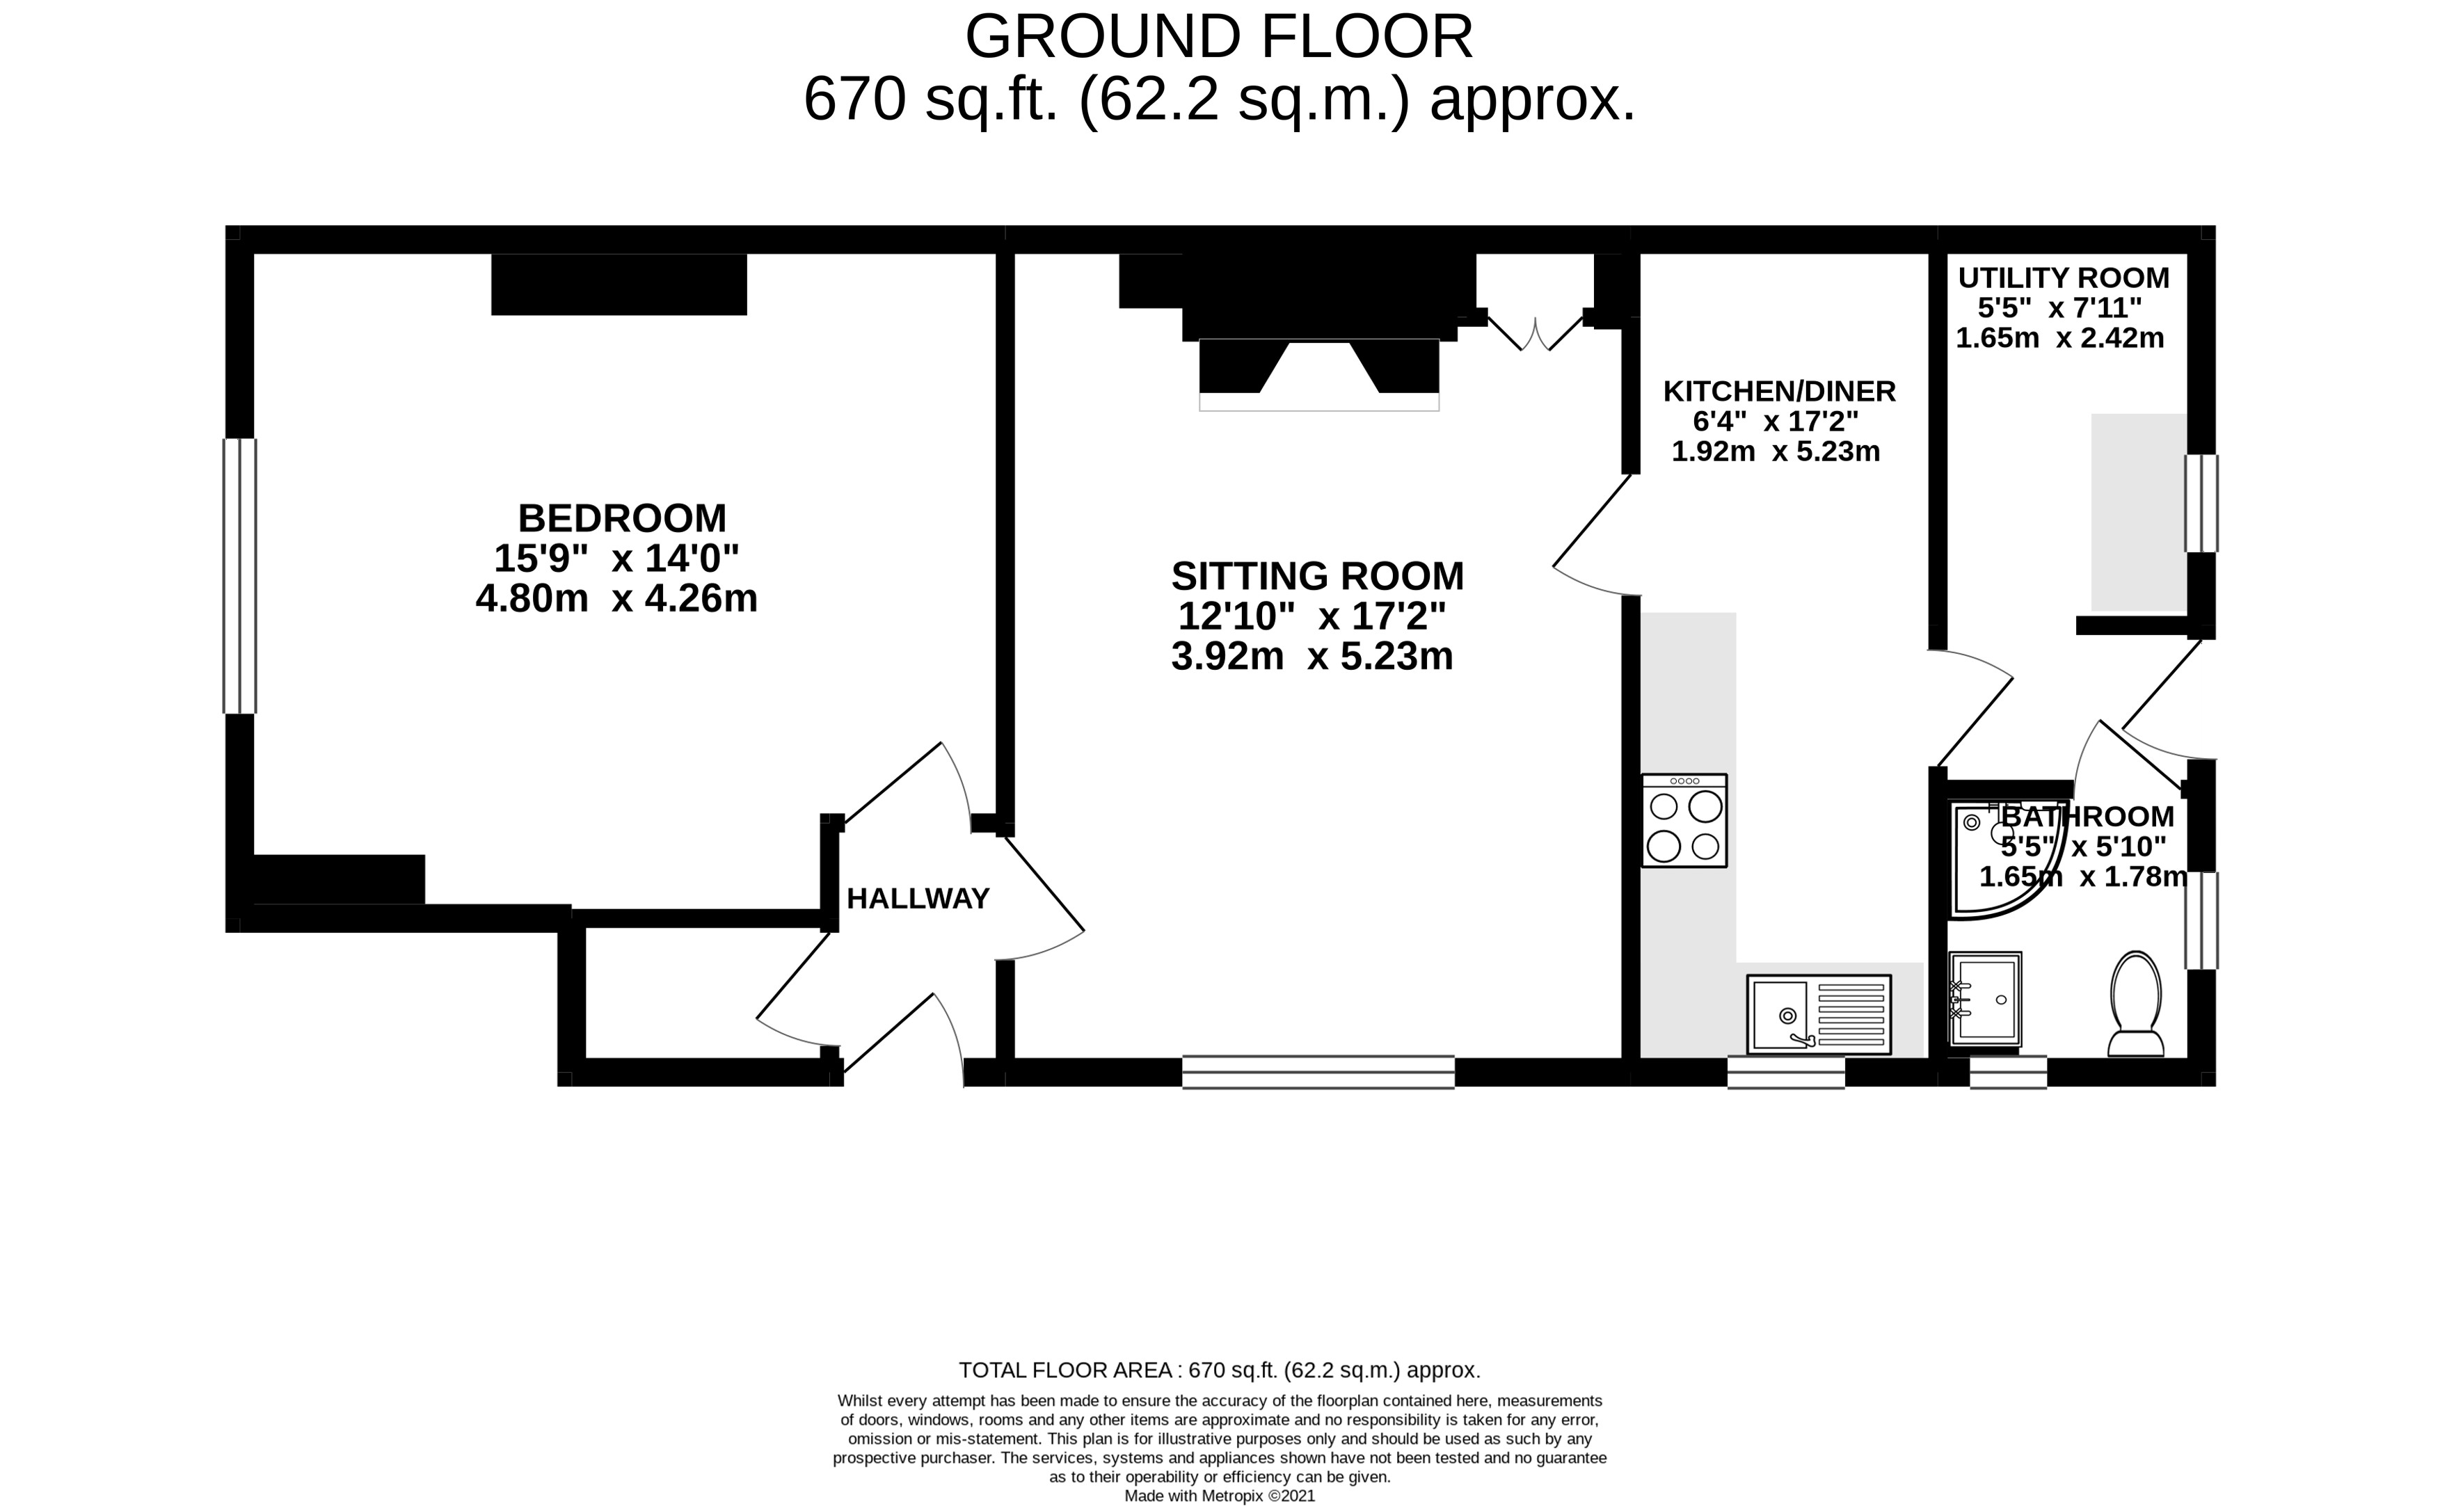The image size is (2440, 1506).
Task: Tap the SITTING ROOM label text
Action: click(1318, 577)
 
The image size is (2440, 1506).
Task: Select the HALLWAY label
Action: click(917, 899)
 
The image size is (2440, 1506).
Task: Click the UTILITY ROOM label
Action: click(2064, 278)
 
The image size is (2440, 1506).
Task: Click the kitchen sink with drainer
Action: click(1819, 1014)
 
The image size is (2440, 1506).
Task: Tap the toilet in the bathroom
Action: click(2136, 1004)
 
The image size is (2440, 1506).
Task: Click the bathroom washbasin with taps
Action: click(1986, 999)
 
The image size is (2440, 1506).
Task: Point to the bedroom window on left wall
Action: click(240, 576)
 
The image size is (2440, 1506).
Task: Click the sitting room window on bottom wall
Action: click(1318, 1072)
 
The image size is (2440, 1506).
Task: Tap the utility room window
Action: click(2201, 503)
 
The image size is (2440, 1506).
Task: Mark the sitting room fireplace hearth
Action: click(1318, 374)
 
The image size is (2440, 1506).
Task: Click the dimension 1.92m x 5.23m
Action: click(1776, 451)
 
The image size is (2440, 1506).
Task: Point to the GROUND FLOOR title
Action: click(1219, 37)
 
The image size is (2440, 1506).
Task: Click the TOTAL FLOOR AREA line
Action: click(1219, 1370)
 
